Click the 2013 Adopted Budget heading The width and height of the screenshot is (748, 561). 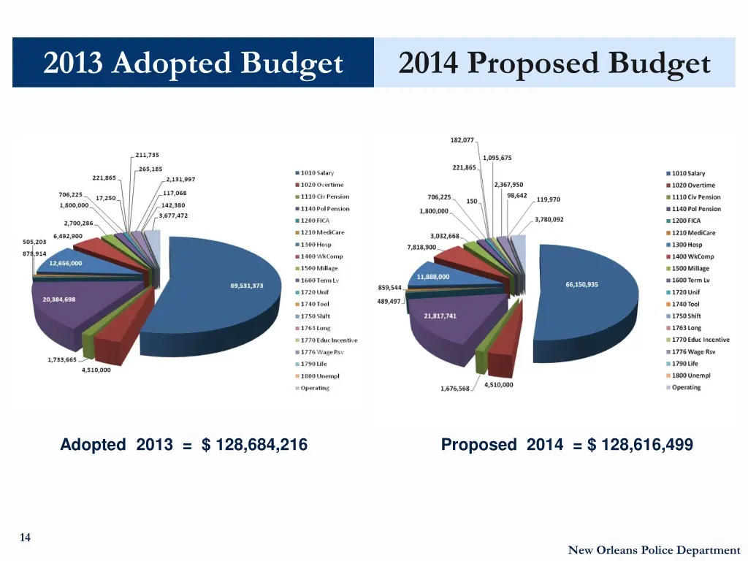(x=193, y=64)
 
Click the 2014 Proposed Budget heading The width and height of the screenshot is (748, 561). (x=554, y=64)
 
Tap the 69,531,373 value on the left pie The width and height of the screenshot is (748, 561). (x=247, y=286)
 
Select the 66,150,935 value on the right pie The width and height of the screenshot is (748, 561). (x=581, y=284)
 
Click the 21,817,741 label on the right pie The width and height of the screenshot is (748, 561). (x=440, y=316)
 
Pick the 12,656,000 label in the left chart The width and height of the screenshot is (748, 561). (x=66, y=263)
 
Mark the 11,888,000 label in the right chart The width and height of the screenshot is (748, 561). (x=433, y=277)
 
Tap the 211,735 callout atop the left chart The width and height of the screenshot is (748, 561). (x=147, y=155)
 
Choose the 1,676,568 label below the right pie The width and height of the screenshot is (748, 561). (x=454, y=389)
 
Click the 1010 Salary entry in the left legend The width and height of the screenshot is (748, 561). (x=317, y=173)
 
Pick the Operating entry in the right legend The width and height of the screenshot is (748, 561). (x=686, y=387)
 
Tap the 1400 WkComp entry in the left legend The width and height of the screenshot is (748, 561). (x=321, y=256)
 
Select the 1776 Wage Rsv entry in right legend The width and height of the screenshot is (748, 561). (x=692, y=351)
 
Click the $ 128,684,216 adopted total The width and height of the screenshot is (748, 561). (x=254, y=445)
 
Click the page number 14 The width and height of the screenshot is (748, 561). (x=25, y=538)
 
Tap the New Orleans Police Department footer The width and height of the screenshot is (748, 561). (x=654, y=550)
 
